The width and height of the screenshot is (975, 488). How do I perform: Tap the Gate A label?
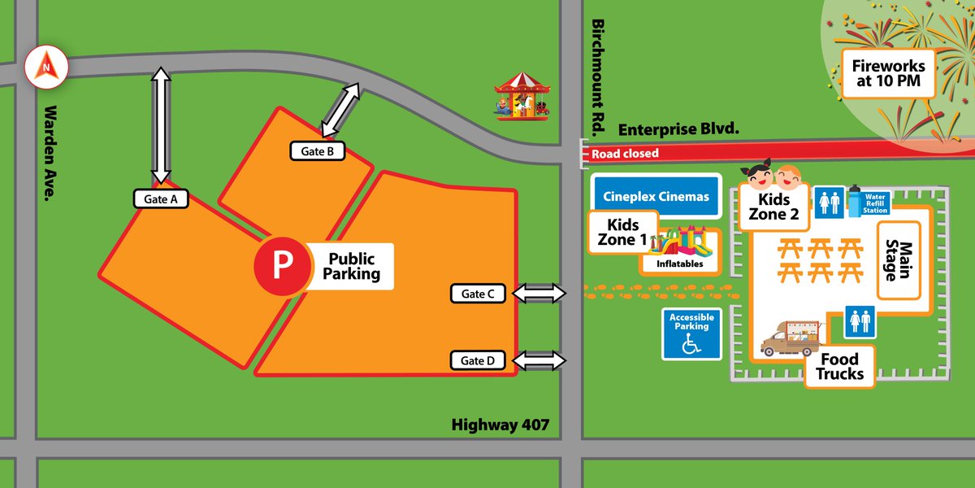click(161, 198)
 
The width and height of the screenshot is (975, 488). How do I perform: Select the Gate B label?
click(318, 150)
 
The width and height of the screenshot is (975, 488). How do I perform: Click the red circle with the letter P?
click(281, 266)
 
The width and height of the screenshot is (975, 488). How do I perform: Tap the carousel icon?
click(522, 95)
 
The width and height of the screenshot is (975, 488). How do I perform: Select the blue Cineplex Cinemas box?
click(656, 197)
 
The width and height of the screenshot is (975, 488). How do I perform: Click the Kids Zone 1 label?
click(622, 233)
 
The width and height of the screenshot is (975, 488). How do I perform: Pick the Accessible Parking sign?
click(691, 333)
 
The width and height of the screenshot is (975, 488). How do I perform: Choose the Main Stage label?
click(899, 259)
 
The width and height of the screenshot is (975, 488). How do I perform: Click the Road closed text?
click(624, 154)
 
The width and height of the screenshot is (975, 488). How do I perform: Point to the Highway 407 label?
click(500, 425)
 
